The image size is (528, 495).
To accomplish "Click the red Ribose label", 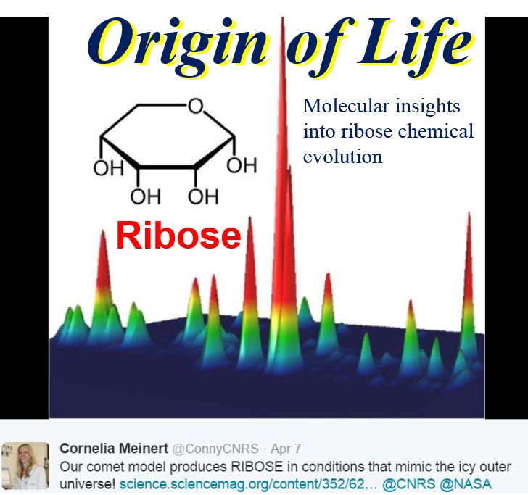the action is pos(178,236).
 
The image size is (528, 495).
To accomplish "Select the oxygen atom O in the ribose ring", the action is pos(196,105).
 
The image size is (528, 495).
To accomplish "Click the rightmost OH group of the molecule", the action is pos(242,165).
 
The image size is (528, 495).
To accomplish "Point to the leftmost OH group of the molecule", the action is pos(109,168).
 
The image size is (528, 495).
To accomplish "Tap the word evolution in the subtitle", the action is pos(342,157).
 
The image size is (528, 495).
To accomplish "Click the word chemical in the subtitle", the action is pos(436,130).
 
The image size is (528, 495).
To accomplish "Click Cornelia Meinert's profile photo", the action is pos(25,465).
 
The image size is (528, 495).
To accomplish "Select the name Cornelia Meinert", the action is pos(114,449).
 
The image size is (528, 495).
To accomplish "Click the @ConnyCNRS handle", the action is pos(215,449).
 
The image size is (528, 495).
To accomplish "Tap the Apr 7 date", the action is pos(286,449).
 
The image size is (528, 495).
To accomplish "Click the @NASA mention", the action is pos(466,484).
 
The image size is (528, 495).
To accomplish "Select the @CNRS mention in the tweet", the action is pos(409,484).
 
